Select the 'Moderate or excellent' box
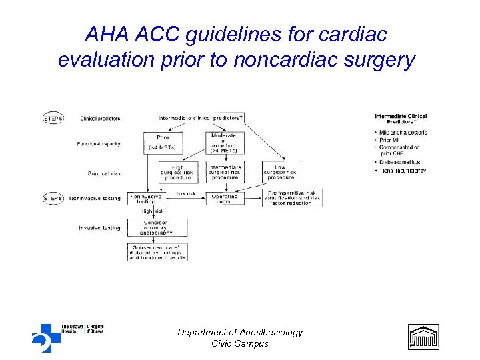tap(224, 143)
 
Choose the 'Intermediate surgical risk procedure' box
tap(224, 173)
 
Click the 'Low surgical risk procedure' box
tap(280, 173)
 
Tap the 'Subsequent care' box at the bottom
tap(157, 253)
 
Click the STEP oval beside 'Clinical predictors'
tap(53, 118)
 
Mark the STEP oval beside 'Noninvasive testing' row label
tap(53, 198)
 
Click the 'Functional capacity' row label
tap(99, 143)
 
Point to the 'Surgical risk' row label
tap(104, 173)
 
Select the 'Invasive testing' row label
tap(100, 228)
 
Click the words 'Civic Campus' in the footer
tap(240, 344)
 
